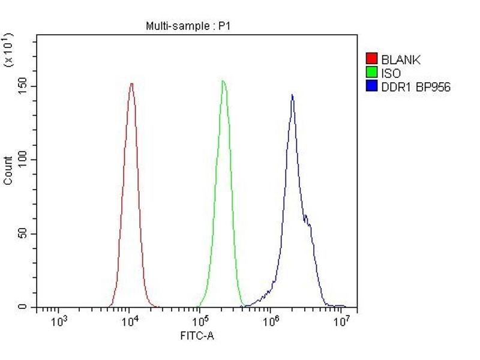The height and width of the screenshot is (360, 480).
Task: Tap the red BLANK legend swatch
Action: click(371, 59)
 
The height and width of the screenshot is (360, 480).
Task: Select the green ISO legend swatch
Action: click(371, 73)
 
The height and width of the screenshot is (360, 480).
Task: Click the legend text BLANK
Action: click(401, 59)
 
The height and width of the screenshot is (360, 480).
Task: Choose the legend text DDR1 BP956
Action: click(416, 87)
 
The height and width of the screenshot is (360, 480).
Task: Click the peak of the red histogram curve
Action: click(131, 83)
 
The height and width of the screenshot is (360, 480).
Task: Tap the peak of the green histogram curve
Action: click(223, 81)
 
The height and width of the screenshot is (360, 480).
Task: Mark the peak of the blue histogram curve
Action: click(292, 95)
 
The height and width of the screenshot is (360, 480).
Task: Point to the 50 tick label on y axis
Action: click(23, 234)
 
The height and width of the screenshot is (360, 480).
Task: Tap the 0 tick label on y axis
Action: click(25, 307)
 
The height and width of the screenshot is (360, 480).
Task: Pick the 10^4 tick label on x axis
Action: click(130, 321)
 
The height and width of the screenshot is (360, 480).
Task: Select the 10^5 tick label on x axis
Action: click(201, 321)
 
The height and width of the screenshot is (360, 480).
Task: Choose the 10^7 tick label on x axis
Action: click(341, 321)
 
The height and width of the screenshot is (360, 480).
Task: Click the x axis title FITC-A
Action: click(197, 336)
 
